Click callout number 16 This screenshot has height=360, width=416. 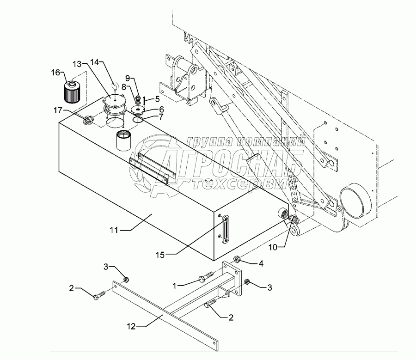(55, 72)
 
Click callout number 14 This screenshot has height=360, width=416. (94, 61)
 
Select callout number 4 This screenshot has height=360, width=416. (261, 263)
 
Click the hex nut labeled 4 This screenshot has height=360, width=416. (236, 259)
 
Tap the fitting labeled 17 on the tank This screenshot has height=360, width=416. (87, 122)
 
